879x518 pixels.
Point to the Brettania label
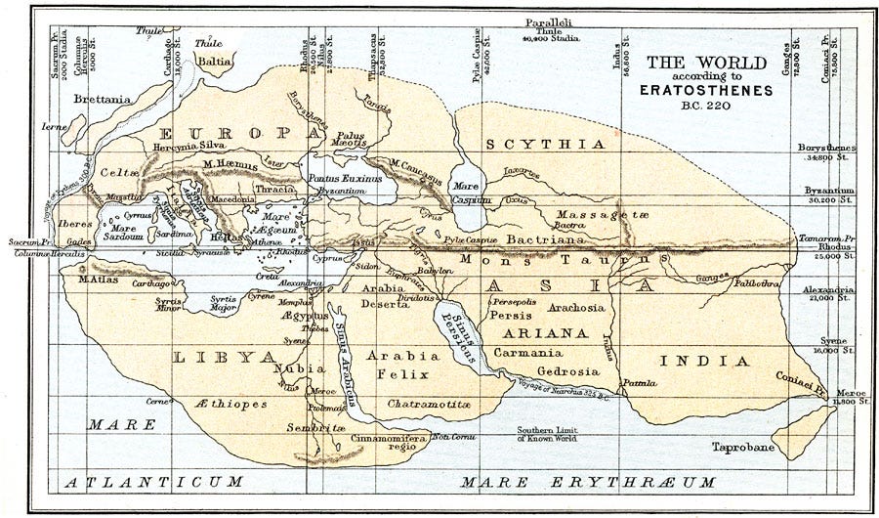[105, 99]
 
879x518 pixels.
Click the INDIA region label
[705, 361]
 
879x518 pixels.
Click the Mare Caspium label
[470, 193]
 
